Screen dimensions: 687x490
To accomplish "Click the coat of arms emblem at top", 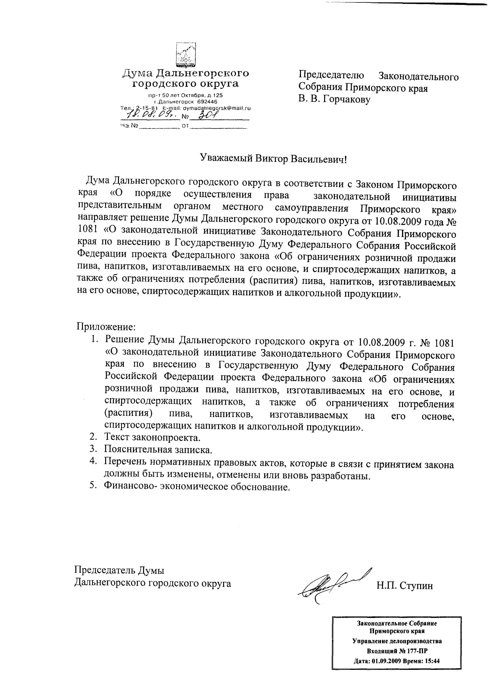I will click(x=186, y=55).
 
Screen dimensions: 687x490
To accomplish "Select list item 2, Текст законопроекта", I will click(x=152, y=437).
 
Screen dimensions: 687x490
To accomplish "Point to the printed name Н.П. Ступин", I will click(x=404, y=585).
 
